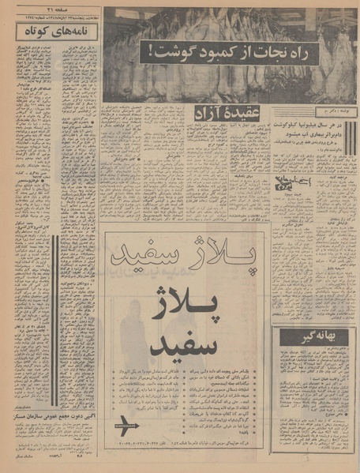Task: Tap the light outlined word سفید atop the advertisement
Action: pyautogui.click(x=152, y=258)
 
